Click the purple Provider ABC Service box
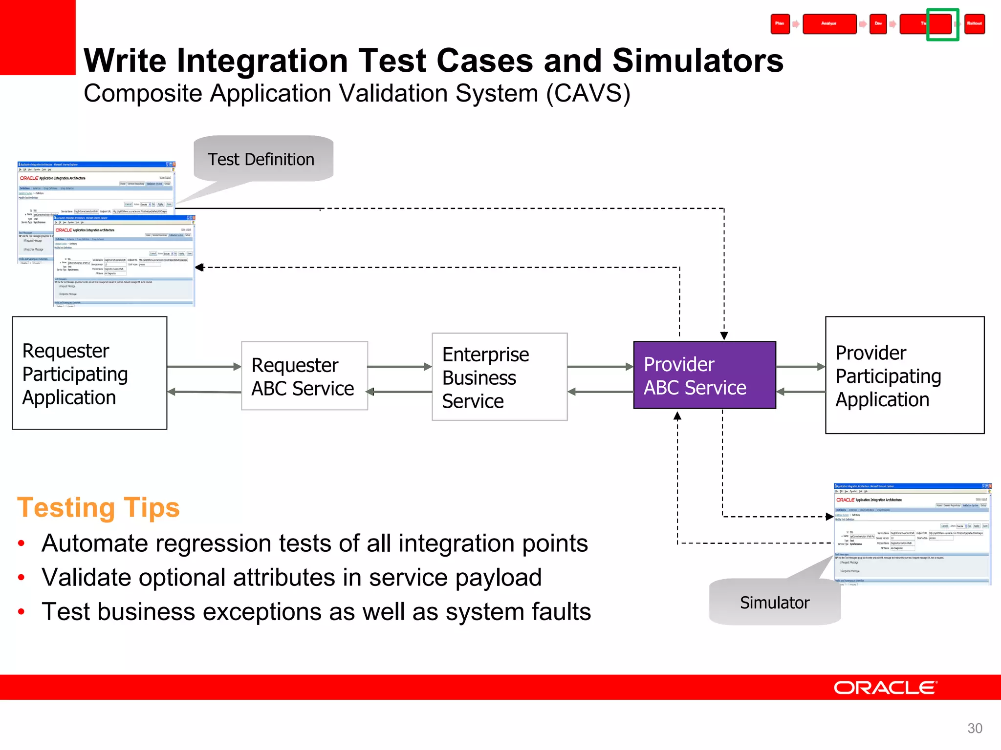click(x=704, y=375)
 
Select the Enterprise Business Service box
click(x=499, y=377)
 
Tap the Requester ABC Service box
click(x=304, y=376)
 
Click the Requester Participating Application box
click(x=89, y=373)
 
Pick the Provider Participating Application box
click(x=904, y=375)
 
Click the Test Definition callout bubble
click(x=263, y=159)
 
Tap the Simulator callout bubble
click(x=775, y=602)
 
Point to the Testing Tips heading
click(x=98, y=508)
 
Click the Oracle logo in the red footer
click(x=885, y=687)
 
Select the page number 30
click(x=975, y=728)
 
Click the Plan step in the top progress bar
click(x=780, y=24)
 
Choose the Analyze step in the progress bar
click(x=829, y=24)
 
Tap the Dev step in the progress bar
click(x=878, y=24)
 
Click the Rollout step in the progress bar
click(x=974, y=24)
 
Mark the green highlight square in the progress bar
click(x=942, y=24)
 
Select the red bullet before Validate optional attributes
click(x=21, y=578)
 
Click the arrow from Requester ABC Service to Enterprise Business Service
click(x=399, y=367)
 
